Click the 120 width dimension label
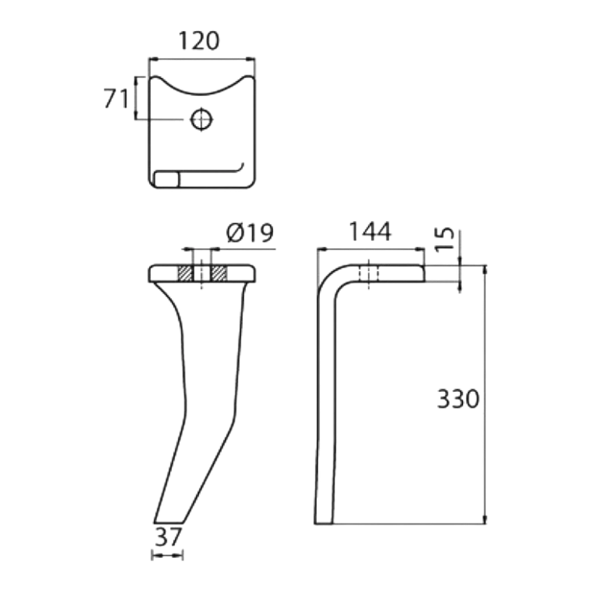pos(198,41)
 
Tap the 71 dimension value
pos(116,98)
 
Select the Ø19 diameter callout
pos(250,233)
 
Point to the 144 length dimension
pos(370,231)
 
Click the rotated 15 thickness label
pos(445,239)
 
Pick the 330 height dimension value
pos(458,398)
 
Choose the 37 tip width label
pos(168,537)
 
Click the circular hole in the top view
pos(202,120)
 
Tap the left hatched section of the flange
pos(185,274)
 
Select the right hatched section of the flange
pos(219,274)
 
